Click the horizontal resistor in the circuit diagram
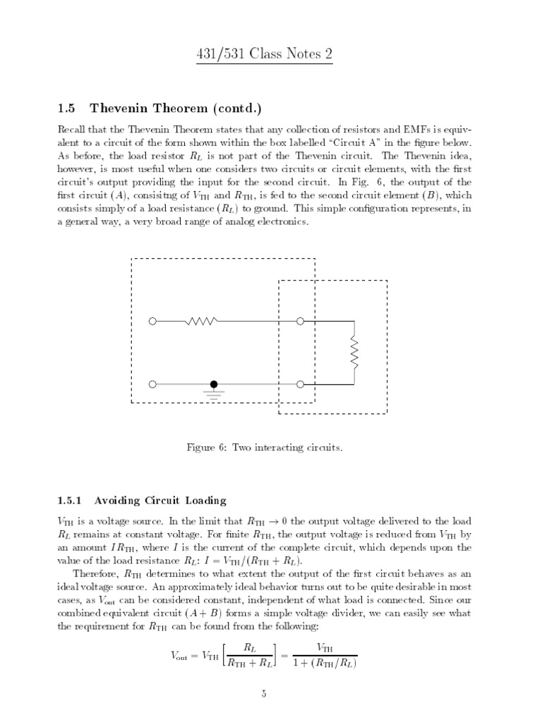click(201, 322)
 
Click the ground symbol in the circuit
click(213, 392)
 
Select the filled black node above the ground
click(213, 384)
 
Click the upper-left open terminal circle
click(152, 322)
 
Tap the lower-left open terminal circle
click(152, 384)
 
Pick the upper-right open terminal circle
click(301, 322)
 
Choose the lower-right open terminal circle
click(301, 384)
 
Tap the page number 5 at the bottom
click(263, 695)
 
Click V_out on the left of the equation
click(181, 656)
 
